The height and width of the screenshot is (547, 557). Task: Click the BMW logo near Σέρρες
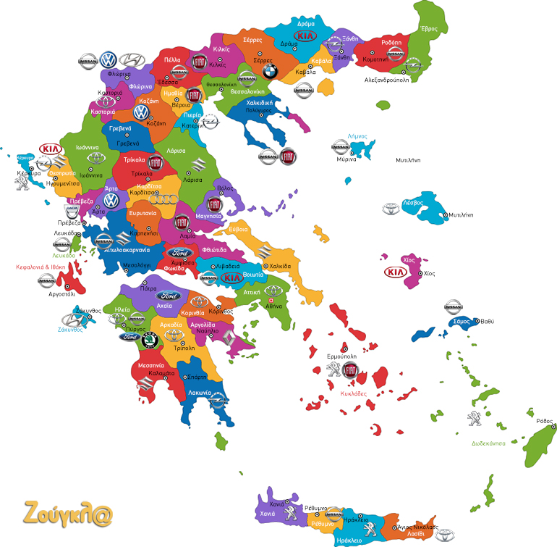(270, 71)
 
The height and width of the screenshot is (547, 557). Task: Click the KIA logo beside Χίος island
(396, 272)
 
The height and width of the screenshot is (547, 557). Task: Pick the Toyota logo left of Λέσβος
(391, 209)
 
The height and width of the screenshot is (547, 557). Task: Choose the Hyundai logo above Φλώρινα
(132, 60)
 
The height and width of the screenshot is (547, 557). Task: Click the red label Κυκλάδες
(353, 393)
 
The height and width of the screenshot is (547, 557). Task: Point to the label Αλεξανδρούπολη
(386, 80)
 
